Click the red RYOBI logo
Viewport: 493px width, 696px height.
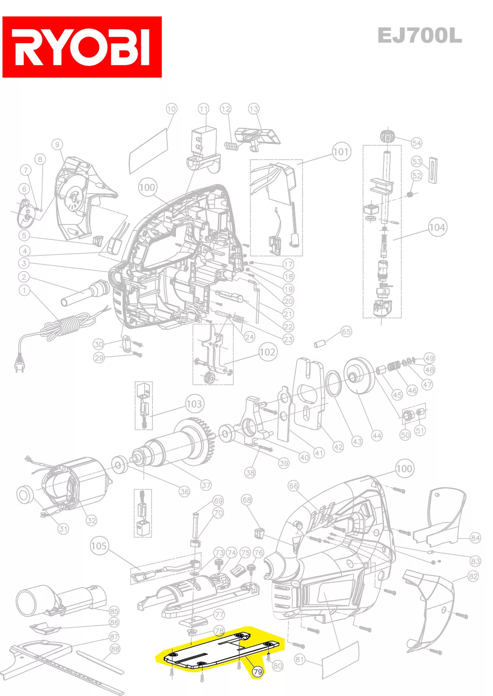(x=82, y=47)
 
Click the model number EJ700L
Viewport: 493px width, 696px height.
(x=419, y=36)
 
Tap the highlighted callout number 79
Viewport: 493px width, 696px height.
(x=258, y=672)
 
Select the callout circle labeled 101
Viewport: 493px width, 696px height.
(x=341, y=152)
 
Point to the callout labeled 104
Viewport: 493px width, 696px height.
(x=437, y=227)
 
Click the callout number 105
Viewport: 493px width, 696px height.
(x=99, y=545)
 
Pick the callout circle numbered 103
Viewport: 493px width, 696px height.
(x=194, y=404)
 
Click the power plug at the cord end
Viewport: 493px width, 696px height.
(x=20, y=363)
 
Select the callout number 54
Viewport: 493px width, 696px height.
(x=416, y=143)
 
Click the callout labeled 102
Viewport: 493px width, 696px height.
(x=268, y=352)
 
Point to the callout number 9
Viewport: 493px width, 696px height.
(x=57, y=144)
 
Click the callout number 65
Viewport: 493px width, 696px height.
(x=346, y=331)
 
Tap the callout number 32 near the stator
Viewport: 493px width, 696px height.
(x=91, y=520)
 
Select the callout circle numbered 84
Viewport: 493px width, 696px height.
(x=475, y=538)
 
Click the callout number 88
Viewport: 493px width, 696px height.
(x=115, y=649)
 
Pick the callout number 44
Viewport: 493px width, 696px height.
(x=377, y=435)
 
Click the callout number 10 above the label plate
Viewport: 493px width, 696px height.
(x=172, y=109)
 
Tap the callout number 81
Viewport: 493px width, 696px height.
(x=300, y=659)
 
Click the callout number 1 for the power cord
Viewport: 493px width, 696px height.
(x=24, y=290)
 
